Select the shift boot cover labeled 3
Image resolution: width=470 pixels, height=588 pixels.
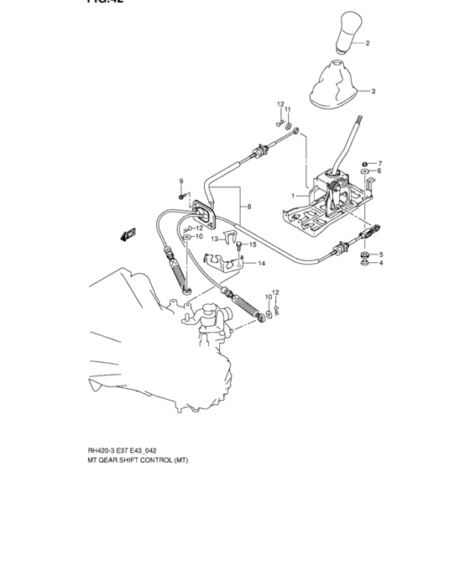click(x=335, y=87)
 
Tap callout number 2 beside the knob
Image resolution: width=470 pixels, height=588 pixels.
click(x=367, y=42)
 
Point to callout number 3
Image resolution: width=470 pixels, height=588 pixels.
click(x=373, y=91)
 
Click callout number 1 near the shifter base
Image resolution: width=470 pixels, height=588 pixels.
click(x=293, y=196)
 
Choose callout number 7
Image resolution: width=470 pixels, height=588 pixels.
click(x=379, y=163)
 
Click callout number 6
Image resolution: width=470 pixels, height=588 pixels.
click(x=379, y=171)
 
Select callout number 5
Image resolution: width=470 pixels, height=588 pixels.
click(x=381, y=255)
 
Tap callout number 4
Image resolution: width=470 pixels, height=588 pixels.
click(x=381, y=264)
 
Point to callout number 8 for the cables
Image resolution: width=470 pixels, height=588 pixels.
click(x=248, y=207)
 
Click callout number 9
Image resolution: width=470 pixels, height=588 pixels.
click(x=180, y=181)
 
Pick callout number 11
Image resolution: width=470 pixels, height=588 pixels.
click(x=287, y=110)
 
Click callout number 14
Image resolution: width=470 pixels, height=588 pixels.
click(x=261, y=264)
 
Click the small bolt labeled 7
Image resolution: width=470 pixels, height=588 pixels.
click(x=363, y=163)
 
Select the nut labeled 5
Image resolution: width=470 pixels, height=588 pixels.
click(x=364, y=254)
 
